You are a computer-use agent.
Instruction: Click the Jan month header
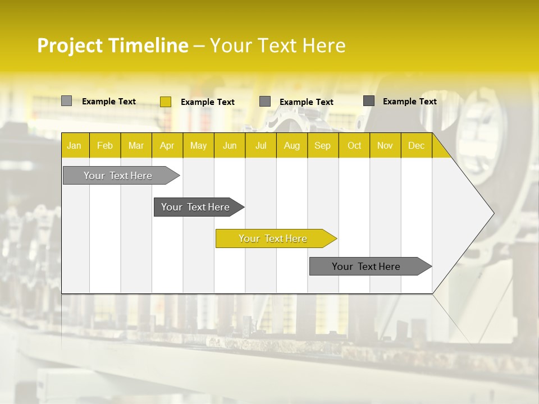74,145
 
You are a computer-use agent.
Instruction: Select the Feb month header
105,145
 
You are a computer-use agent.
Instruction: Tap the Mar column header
136,145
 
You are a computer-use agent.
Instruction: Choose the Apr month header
167,145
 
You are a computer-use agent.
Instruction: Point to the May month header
198,145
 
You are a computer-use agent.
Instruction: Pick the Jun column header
230,145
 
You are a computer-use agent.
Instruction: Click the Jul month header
261,145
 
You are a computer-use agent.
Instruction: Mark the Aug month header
292,145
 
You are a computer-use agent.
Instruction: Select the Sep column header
323,145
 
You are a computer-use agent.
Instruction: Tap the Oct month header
354,145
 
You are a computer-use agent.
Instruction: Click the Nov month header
385,145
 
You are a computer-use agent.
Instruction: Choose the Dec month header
417,145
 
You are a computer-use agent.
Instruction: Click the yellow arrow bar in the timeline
273,238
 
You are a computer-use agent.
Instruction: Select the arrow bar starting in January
118,176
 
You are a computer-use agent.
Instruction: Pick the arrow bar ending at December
367,267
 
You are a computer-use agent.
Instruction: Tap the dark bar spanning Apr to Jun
196,207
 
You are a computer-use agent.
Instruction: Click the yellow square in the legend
166,102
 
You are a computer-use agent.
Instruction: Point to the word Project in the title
69,45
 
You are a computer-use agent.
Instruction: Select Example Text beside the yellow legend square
208,102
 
